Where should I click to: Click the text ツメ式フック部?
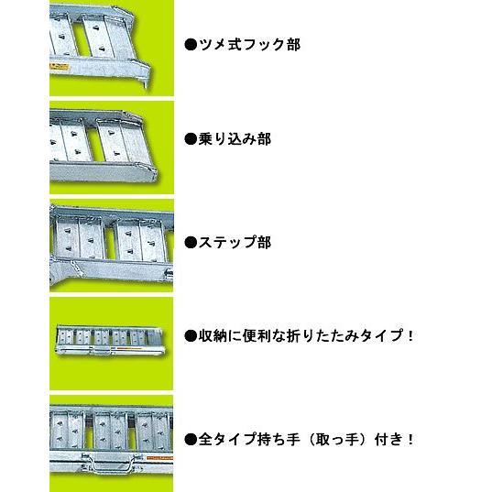coord(250,45)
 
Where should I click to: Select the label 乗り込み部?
coord(235,139)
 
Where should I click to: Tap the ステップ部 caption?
coord(235,243)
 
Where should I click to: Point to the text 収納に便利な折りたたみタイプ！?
coord(306,335)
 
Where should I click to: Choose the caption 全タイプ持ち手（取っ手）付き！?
coord(306,439)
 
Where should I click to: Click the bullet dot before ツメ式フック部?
coord(191,45)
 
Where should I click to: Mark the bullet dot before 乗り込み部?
coord(191,139)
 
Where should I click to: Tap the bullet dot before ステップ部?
coord(191,243)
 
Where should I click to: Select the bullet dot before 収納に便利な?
coord(191,336)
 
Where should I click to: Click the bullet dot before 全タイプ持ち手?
coord(191,440)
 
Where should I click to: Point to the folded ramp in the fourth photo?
coord(110,342)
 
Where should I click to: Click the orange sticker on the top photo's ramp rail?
coord(60,66)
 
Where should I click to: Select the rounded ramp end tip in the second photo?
coord(153,174)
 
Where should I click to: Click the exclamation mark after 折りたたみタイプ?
coord(410,336)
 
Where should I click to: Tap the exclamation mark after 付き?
coord(410,440)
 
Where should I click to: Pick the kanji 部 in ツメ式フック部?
coord(293,45)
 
